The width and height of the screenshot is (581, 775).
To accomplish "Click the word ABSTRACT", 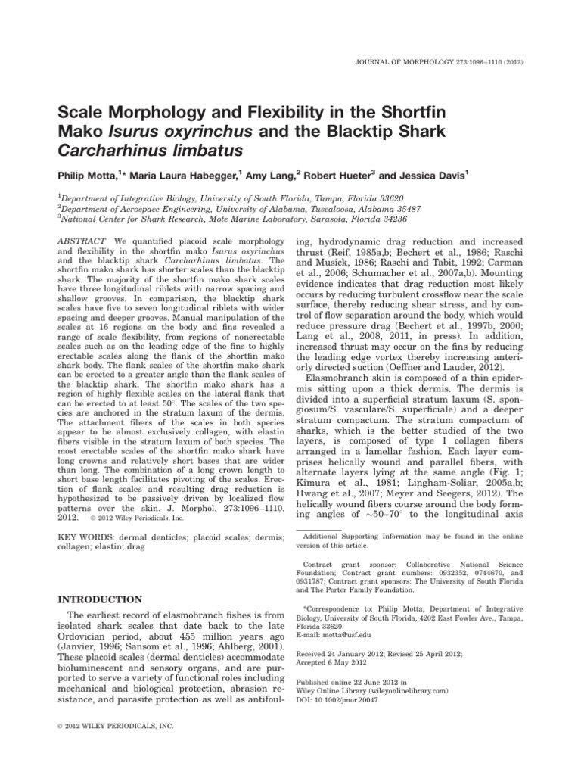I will (84, 239).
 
